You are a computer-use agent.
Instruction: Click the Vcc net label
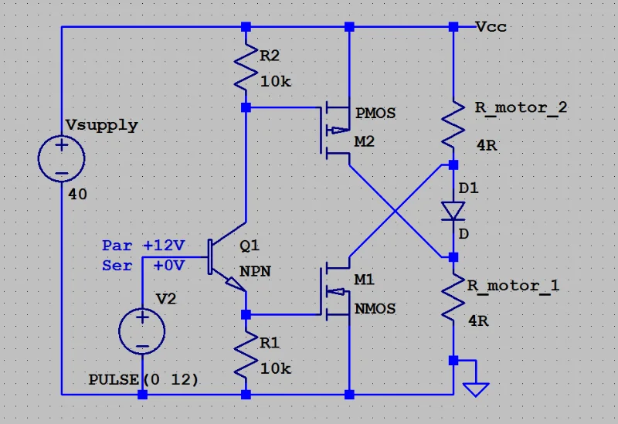click(x=491, y=27)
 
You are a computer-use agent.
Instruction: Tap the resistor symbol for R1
click(x=246, y=353)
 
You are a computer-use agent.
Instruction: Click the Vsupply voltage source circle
click(x=62, y=158)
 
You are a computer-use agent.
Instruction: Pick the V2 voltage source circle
click(x=142, y=331)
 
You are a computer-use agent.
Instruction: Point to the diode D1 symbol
click(x=453, y=210)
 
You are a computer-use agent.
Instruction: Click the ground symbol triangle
click(x=477, y=388)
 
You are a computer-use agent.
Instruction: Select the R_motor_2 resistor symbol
click(x=453, y=124)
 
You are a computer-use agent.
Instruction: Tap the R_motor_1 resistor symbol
click(x=453, y=297)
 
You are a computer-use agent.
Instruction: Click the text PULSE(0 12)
click(x=144, y=380)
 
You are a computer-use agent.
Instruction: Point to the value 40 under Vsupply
click(x=77, y=195)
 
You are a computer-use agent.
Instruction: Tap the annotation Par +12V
click(x=144, y=246)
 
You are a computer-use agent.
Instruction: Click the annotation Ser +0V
click(x=144, y=265)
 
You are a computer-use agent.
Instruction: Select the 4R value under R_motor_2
click(x=487, y=145)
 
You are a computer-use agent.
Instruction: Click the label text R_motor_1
click(x=513, y=286)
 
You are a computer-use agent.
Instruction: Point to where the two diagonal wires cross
click(x=396, y=211)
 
